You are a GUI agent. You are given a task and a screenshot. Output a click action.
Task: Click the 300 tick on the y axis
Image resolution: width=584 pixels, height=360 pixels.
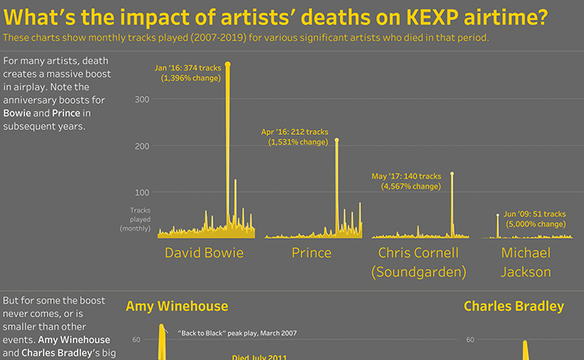click(x=142, y=99)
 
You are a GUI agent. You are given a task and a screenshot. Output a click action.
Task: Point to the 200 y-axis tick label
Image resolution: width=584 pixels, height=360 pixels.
click(x=142, y=146)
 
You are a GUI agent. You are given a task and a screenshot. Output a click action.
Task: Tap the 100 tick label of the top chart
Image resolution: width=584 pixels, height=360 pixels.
click(x=142, y=192)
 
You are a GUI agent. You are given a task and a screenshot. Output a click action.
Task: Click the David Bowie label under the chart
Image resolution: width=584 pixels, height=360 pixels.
click(x=204, y=253)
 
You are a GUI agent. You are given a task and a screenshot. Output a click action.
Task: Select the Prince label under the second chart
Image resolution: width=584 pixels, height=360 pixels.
click(x=311, y=253)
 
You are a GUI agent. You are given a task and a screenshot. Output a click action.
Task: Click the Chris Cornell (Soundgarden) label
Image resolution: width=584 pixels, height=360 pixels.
click(x=418, y=262)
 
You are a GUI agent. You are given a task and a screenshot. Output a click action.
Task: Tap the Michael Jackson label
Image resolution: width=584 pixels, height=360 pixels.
click(x=525, y=262)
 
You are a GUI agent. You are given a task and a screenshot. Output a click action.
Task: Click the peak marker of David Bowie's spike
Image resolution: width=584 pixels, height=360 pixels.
click(x=228, y=63)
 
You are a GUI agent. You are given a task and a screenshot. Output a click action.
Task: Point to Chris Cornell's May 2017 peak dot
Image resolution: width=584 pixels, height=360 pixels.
click(x=452, y=174)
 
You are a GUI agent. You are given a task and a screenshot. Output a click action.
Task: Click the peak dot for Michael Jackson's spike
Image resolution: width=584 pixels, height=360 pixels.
click(x=498, y=215)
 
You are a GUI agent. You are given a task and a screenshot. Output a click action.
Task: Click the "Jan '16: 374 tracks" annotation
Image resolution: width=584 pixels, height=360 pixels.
click(x=188, y=68)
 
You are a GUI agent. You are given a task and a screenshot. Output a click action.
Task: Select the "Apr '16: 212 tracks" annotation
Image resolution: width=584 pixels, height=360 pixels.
click(x=295, y=132)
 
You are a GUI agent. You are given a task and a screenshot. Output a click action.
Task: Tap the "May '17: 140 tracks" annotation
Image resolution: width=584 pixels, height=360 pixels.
click(x=406, y=176)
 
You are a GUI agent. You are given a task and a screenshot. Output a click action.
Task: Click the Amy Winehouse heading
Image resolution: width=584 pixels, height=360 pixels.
click(x=176, y=306)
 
